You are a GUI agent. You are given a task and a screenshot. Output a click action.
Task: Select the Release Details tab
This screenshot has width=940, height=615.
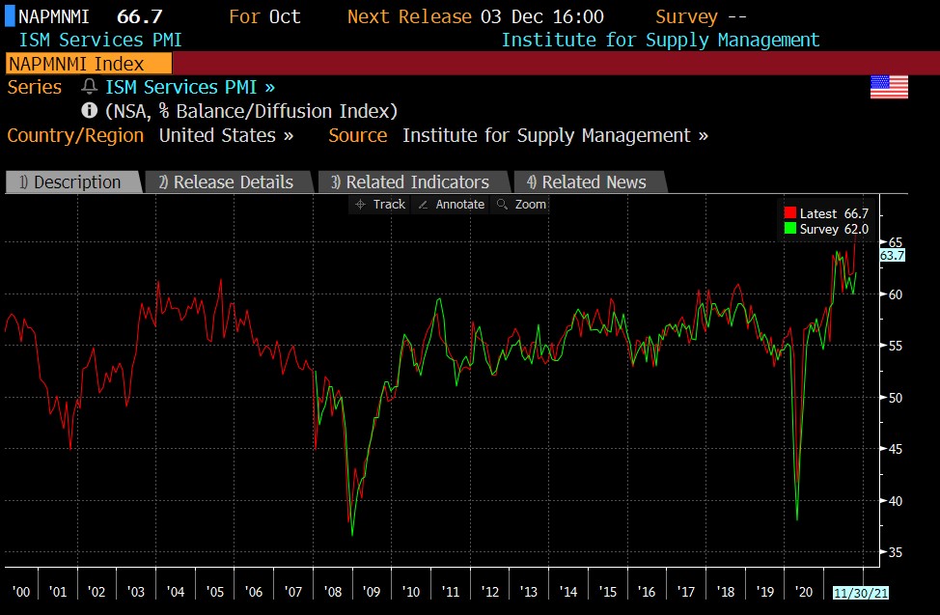(x=227, y=182)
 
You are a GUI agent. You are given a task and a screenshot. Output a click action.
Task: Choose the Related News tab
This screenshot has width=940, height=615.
(x=587, y=182)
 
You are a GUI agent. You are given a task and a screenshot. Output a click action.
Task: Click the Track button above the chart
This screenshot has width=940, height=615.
(x=381, y=205)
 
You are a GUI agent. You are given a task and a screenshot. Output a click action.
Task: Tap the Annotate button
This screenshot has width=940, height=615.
(x=452, y=205)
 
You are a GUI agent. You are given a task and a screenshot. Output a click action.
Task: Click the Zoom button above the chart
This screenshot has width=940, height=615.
(x=522, y=205)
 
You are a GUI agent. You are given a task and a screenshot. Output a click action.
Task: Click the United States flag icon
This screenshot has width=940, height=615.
(x=889, y=87)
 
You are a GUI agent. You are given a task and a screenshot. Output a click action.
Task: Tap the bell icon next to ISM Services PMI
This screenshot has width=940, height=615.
(x=90, y=87)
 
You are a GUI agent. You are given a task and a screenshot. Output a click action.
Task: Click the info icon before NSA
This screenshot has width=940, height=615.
(x=90, y=111)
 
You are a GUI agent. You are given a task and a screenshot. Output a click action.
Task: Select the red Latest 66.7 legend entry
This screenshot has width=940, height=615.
(x=827, y=213)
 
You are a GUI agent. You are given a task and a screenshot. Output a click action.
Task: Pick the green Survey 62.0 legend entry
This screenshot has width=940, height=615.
(x=827, y=229)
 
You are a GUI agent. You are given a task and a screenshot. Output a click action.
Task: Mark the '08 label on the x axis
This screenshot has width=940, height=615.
(x=334, y=592)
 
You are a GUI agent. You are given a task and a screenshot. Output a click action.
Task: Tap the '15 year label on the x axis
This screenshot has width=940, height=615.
(x=608, y=592)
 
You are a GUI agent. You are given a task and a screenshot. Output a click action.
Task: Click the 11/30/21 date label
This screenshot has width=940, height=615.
(x=859, y=592)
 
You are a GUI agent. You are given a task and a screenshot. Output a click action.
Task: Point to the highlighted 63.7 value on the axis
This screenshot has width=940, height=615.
(x=893, y=256)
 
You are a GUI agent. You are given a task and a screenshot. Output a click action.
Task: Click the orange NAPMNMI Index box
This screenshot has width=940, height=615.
(x=88, y=64)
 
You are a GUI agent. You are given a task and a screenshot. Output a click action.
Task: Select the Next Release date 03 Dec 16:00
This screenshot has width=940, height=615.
(x=542, y=16)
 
